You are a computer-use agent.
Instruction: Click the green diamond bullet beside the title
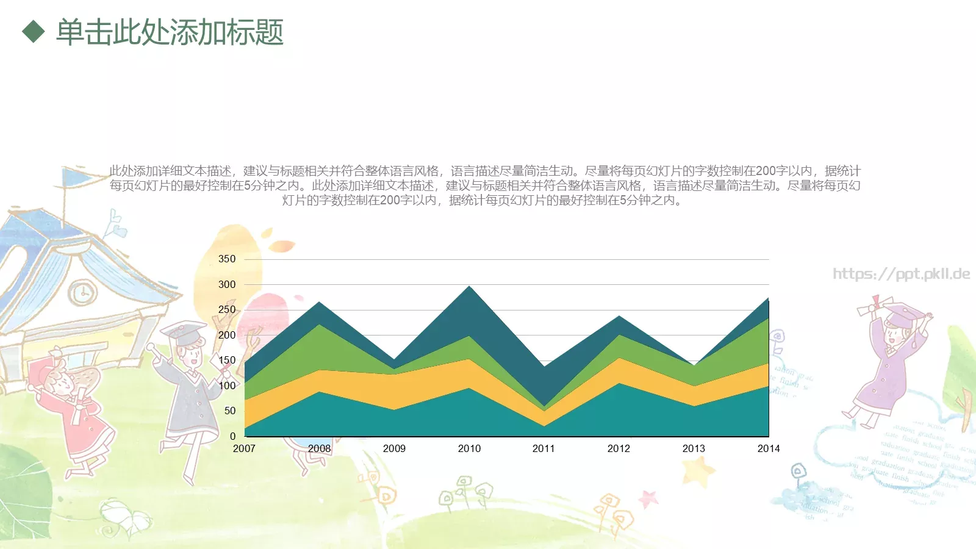[34, 32]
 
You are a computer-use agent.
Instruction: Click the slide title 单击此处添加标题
[170, 32]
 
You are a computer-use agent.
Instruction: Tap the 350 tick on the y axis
[227, 259]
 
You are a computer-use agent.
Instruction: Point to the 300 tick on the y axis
[227, 285]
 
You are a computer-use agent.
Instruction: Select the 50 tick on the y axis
[230, 411]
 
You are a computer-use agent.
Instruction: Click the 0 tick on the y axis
[232, 436]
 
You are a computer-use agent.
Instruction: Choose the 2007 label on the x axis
[244, 449]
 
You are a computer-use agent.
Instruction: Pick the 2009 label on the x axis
[394, 449]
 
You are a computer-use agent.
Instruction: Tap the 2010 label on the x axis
[469, 449]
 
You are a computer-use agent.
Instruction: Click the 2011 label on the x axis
[544, 449]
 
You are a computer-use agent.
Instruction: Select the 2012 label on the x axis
[619, 449]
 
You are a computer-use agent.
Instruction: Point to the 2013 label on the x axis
[694, 449]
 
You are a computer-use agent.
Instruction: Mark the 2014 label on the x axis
[769, 449]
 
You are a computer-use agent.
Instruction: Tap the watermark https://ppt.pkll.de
[902, 274]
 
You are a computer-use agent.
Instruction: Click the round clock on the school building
[82, 293]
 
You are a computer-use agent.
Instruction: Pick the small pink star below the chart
[648, 498]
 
